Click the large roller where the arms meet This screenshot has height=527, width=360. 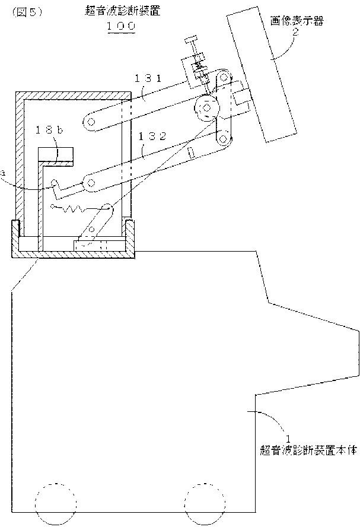point(206,109)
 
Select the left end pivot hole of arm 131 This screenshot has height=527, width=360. point(91,122)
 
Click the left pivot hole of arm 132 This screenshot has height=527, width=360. point(91,183)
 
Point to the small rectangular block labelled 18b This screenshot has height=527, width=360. point(56,155)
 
